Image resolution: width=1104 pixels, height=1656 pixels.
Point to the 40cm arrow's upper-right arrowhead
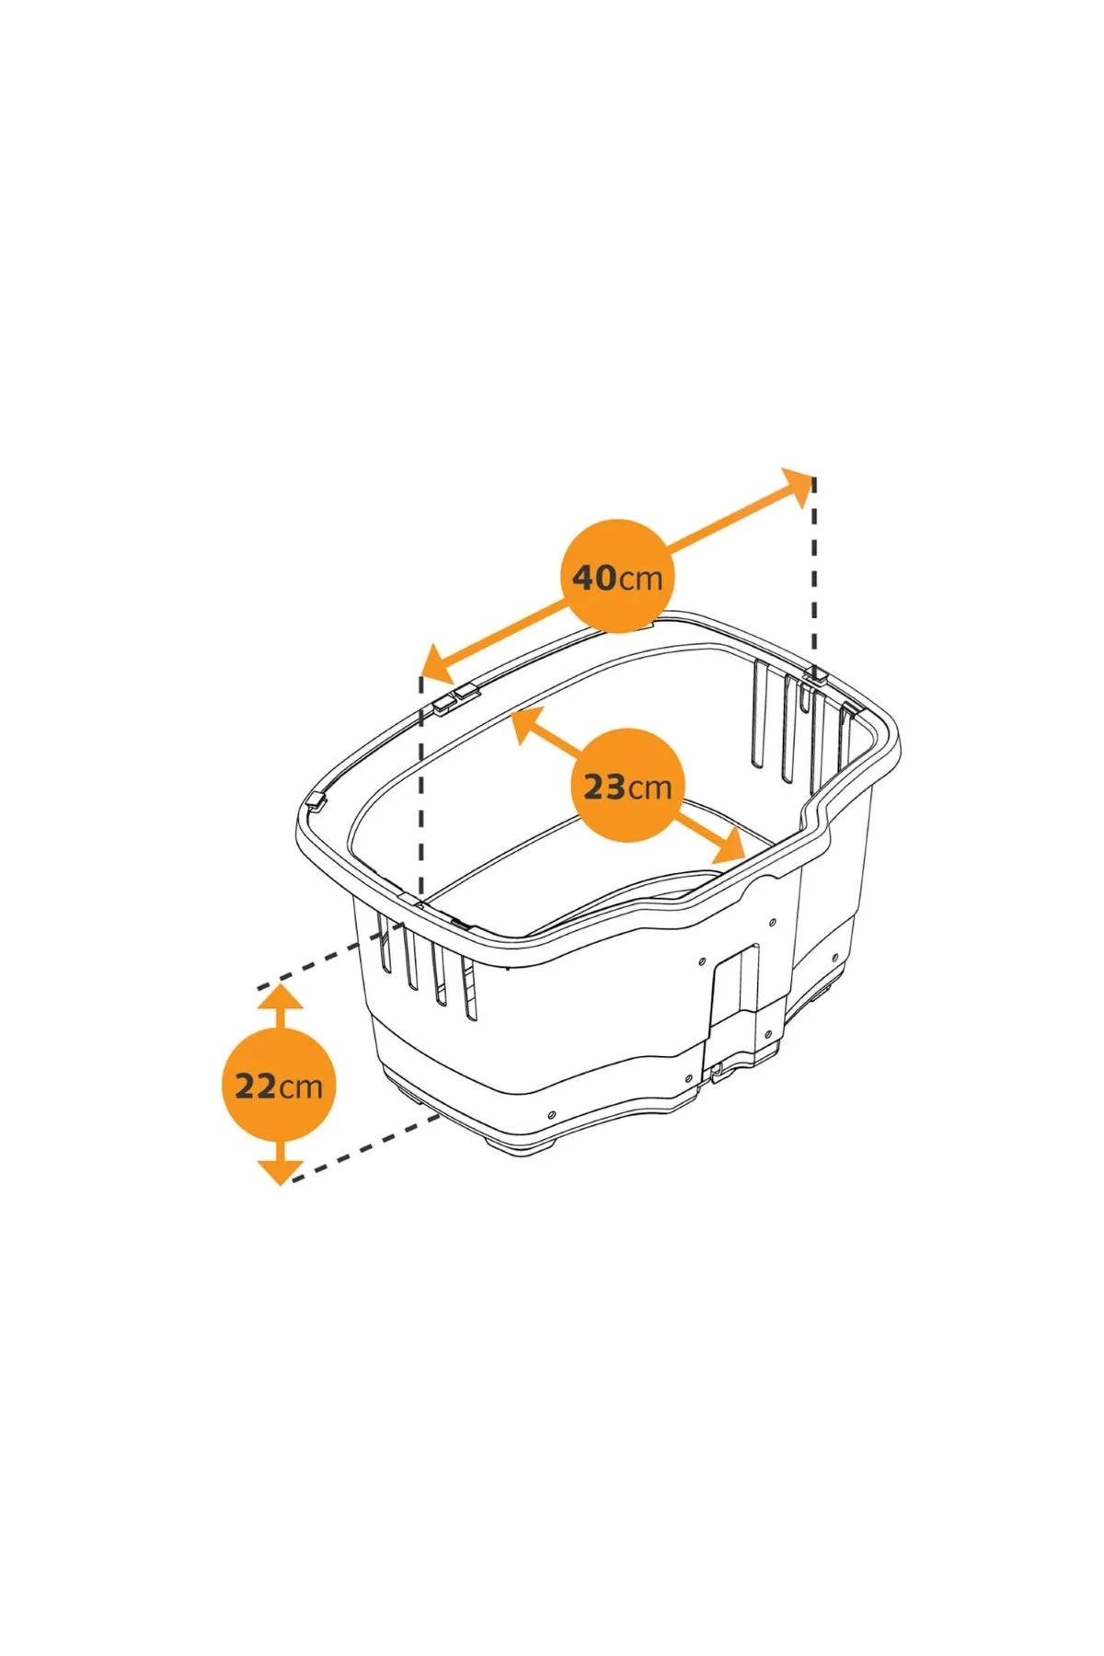click(x=798, y=486)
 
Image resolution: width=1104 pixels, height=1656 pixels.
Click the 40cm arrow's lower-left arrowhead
click(x=439, y=663)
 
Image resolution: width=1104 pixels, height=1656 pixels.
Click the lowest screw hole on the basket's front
click(x=551, y=1115)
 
